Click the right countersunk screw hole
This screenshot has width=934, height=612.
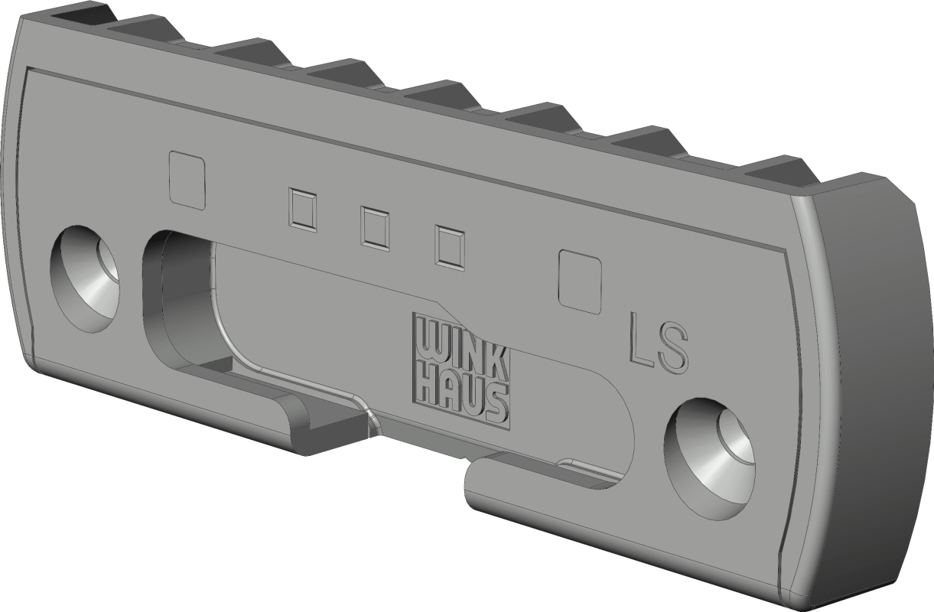[x=709, y=459]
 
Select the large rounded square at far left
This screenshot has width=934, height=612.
[x=187, y=180]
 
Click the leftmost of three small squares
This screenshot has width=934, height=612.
[x=302, y=210]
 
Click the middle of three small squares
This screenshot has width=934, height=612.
[x=376, y=229]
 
